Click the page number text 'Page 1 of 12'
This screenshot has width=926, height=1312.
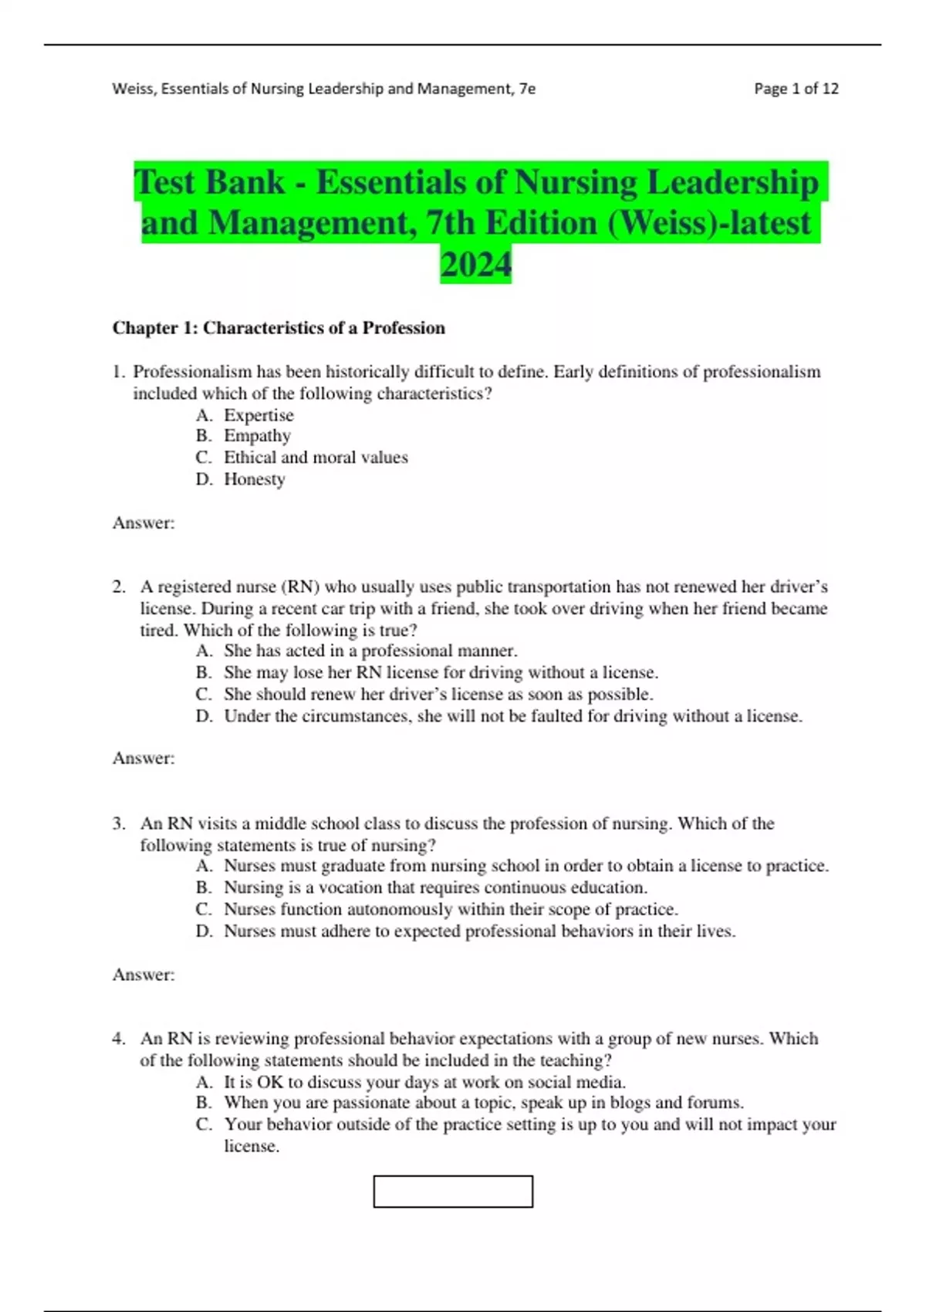(x=796, y=89)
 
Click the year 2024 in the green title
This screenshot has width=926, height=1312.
(x=475, y=265)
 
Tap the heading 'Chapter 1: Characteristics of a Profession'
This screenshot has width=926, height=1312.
(x=279, y=328)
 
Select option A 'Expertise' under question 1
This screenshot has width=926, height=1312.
(x=259, y=415)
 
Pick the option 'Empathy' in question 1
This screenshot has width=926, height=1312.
(x=257, y=436)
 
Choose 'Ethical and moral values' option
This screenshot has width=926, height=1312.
(x=316, y=458)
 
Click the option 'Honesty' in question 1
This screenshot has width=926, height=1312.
(x=255, y=479)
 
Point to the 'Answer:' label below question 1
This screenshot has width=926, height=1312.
(x=144, y=523)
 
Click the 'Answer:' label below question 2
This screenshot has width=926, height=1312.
(x=144, y=759)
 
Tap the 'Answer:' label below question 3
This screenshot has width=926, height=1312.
(x=144, y=975)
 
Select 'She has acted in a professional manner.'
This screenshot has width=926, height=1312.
(x=370, y=651)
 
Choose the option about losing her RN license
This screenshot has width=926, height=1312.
(x=441, y=673)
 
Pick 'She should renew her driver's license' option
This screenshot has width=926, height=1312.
(x=438, y=695)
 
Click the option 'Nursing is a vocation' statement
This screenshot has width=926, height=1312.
(x=435, y=888)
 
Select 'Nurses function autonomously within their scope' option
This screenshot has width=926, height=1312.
(x=451, y=909)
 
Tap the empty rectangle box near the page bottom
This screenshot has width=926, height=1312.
(x=453, y=1192)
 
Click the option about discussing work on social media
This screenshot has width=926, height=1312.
(x=424, y=1082)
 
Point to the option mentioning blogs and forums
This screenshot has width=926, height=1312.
(x=484, y=1103)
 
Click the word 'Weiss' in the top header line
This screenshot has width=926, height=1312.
(x=132, y=89)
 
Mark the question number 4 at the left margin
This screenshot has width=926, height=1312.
(x=118, y=1039)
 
